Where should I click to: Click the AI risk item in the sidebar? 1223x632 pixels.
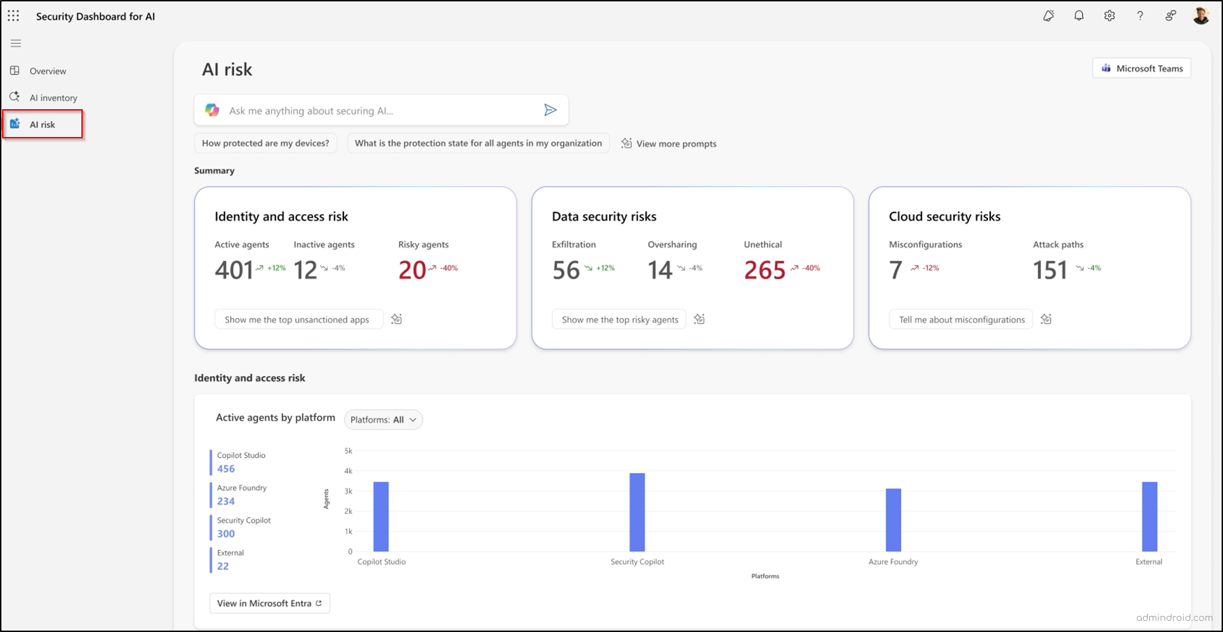pos(42,124)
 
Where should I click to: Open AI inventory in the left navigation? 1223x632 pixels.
pos(53,98)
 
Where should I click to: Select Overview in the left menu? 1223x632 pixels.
pos(47,71)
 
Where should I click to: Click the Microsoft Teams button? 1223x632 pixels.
pos(1142,68)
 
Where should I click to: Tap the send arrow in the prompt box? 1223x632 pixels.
pos(550,110)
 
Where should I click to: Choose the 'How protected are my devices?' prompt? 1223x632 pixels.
pos(266,143)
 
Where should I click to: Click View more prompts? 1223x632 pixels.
pos(669,144)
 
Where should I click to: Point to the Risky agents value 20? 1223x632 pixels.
pos(412,270)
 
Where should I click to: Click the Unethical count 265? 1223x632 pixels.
pos(764,270)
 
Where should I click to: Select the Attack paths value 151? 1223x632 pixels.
pos(1050,270)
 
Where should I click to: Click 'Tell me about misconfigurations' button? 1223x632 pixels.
pos(962,320)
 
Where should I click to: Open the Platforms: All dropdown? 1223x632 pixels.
pos(383,420)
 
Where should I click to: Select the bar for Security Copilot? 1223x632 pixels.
pos(637,512)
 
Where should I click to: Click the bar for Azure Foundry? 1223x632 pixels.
pos(893,520)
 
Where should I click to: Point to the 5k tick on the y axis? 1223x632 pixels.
pos(348,451)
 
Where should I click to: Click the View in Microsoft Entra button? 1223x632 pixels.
pos(269,603)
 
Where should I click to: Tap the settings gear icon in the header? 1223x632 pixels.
pos(1109,16)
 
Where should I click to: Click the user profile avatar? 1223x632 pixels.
pos(1201,16)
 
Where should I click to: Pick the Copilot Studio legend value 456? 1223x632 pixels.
pos(226,469)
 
